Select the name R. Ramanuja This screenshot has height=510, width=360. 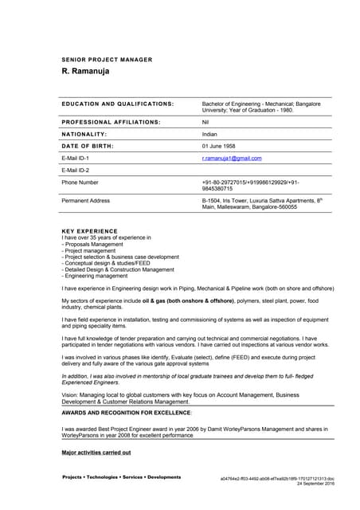point(85,72)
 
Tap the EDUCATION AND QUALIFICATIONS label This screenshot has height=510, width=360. point(117,104)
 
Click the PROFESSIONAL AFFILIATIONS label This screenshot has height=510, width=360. point(111,122)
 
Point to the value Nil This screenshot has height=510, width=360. point(205,122)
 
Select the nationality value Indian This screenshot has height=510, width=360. point(209,134)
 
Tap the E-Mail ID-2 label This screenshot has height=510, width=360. point(76,170)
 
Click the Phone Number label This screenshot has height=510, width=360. point(80,182)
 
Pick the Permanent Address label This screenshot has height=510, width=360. point(85,201)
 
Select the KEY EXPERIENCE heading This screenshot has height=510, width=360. point(89,231)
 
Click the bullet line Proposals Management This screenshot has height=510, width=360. point(96,245)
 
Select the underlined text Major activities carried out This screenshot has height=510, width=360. point(96,452)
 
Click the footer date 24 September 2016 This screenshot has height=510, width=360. point(316,484)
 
